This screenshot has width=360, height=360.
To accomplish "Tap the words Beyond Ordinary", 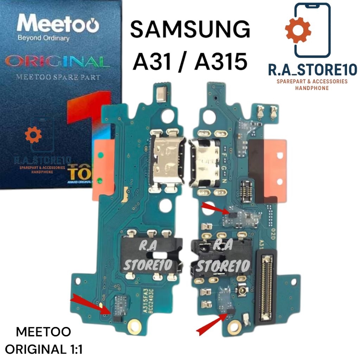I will [43, 38].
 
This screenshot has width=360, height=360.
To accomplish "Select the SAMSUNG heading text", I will [190, 30].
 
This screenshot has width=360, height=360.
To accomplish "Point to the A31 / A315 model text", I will [190, 62].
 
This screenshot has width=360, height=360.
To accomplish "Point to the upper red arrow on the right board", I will [215, 209].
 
